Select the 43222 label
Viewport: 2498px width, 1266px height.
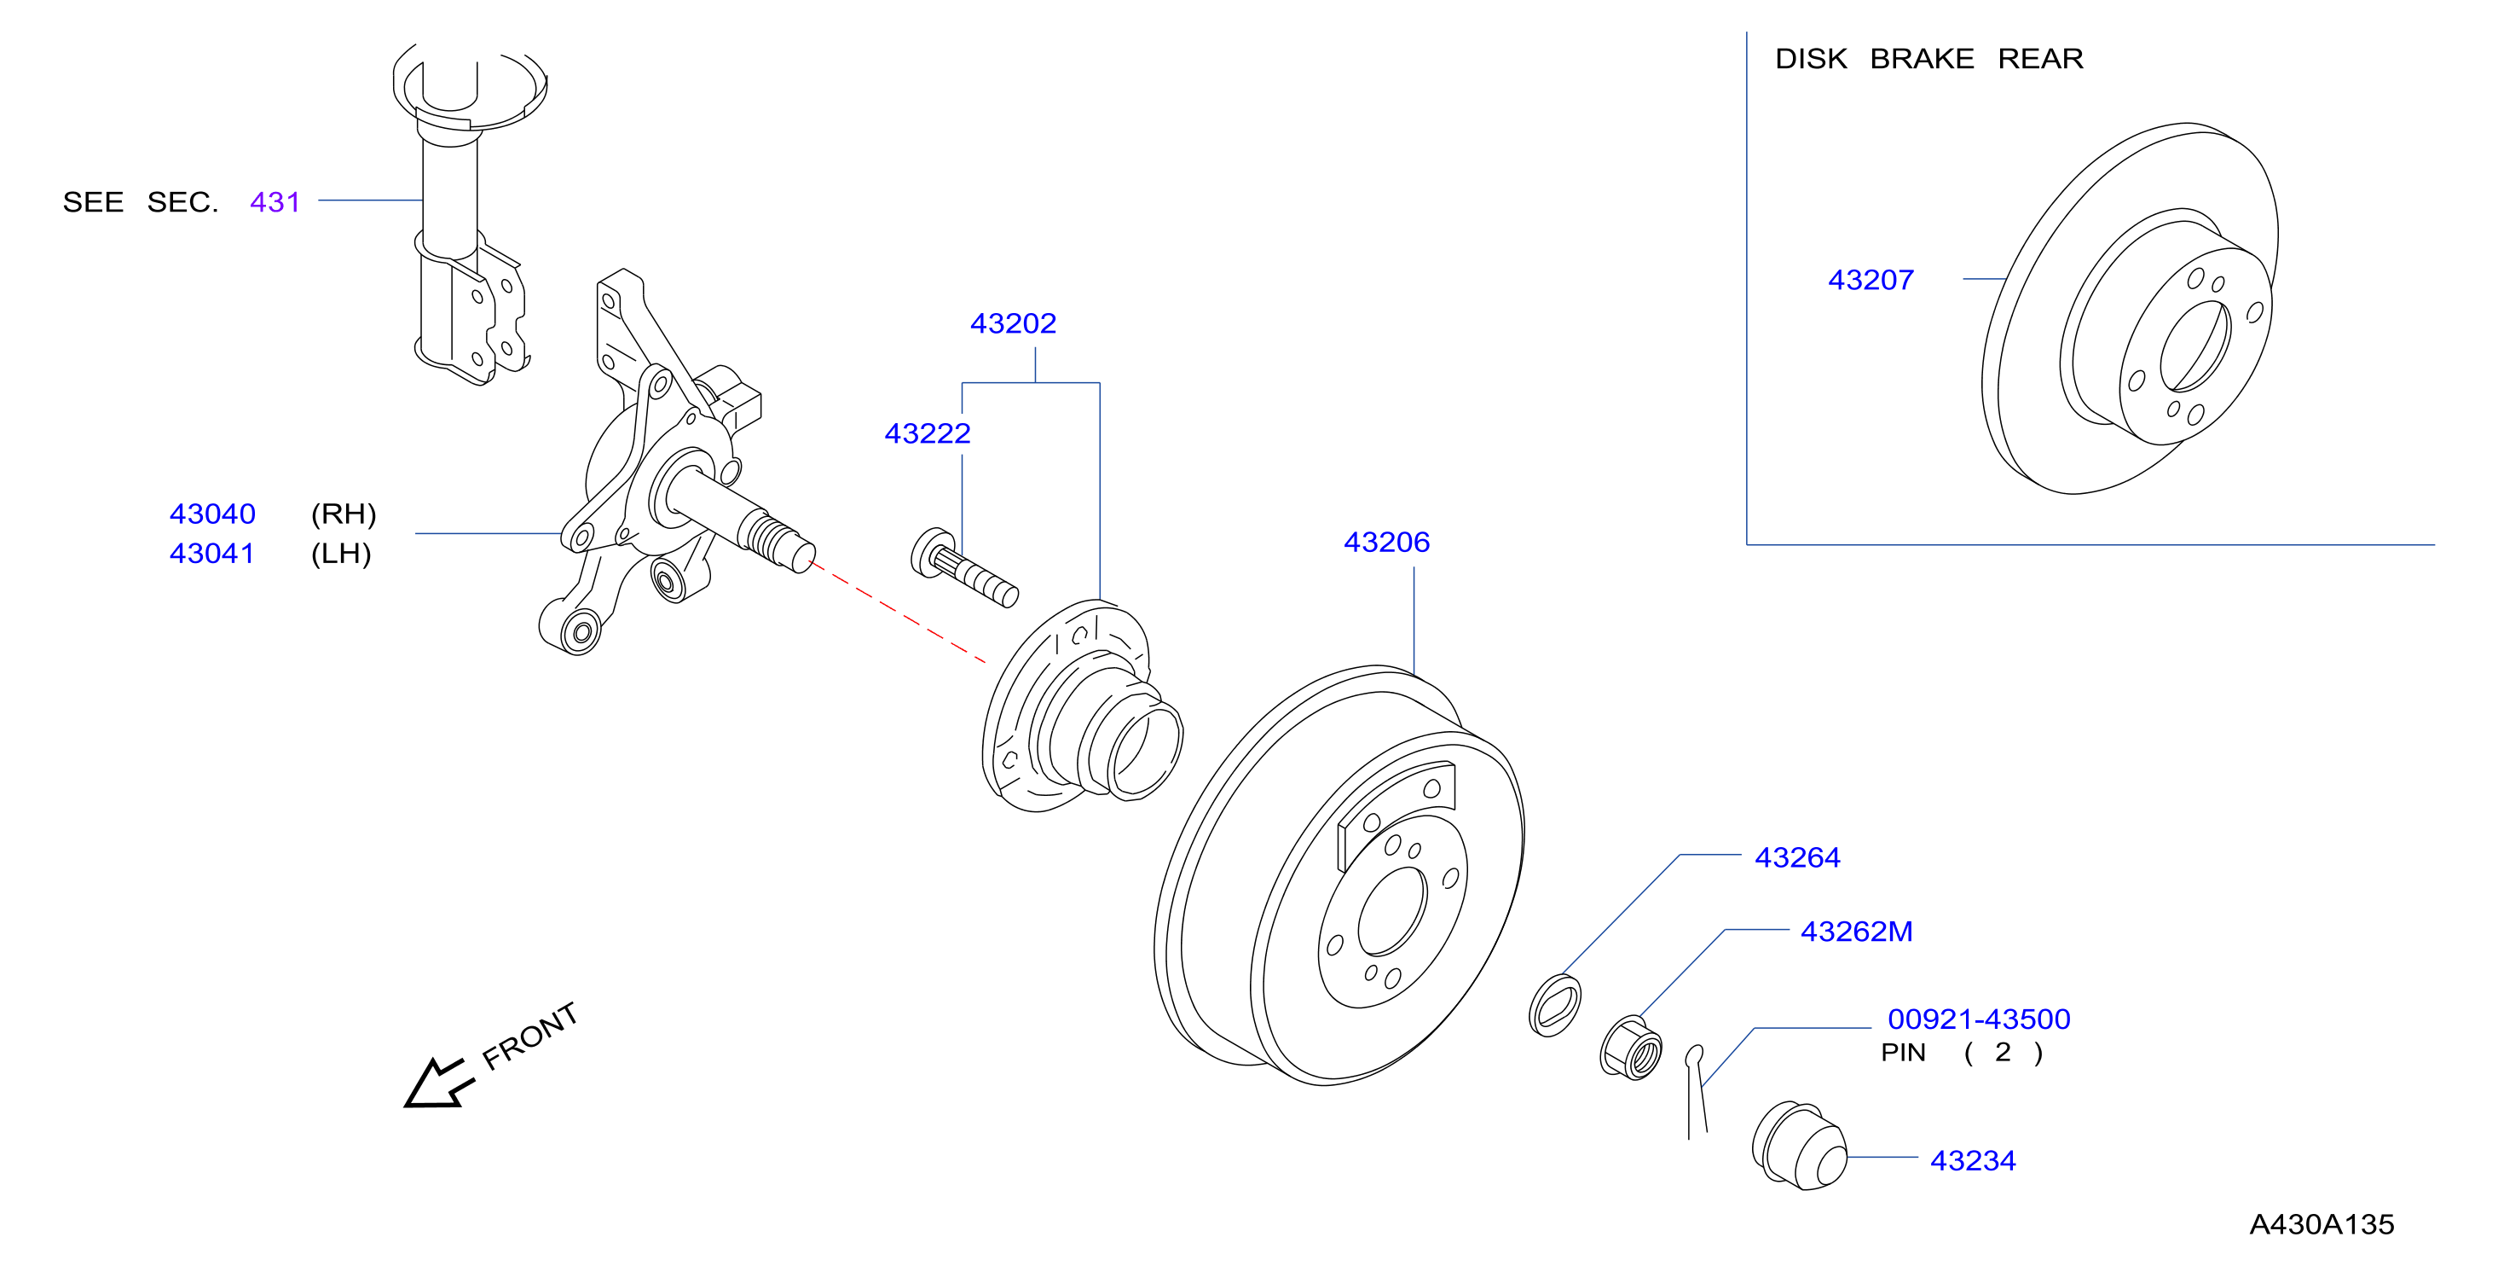(x=927, y=433)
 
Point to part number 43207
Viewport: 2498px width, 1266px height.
(x=1871, y=281)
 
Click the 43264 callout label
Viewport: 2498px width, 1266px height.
(x=1797, y=857)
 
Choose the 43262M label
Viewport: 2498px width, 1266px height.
(x=1856, y=932)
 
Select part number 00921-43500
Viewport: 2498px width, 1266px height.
(x=1978, y=1019)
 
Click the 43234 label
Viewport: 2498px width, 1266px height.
(x=1973, y=1160)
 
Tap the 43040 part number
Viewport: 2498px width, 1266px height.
(x=212, y=514)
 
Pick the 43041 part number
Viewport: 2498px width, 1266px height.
(x=212, y=554)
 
